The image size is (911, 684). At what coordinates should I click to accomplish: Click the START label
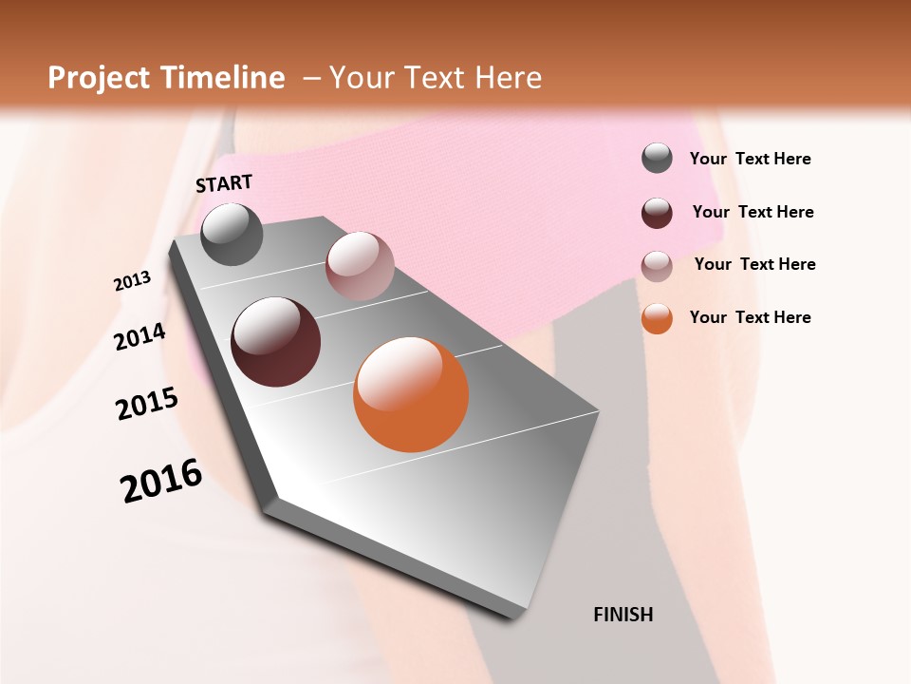click(x=224, y=183)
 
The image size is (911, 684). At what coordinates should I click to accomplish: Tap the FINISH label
click(x=623, y=615)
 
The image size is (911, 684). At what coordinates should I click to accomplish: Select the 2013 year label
click(x=133, y=281)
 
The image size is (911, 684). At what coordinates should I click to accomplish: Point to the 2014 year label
click(x=139, y=337)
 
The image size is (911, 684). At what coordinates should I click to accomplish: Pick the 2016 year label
click(x=161, y=481)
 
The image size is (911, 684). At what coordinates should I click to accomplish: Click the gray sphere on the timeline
click(x=232, y=235)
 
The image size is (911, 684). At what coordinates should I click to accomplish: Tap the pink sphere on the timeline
click(x=360, y=266)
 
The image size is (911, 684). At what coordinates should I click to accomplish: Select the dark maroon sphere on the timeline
click(x=276, y=342)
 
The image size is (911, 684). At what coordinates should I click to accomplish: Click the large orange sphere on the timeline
click(x=411, y=394)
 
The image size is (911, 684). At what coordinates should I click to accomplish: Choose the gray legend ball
click(x=657, y=159)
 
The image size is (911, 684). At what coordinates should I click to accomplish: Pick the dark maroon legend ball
click(x=657, y=213)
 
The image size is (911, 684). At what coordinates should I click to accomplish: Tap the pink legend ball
click(x=657, y=265)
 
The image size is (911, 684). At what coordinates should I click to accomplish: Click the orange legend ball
click(x=657, y=318)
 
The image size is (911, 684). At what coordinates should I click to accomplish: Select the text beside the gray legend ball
click(x=750, y=160)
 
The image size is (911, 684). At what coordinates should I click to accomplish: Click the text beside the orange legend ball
click(x=750, y=317)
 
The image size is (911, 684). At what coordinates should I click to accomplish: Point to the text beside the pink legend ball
click(x=754, y=264)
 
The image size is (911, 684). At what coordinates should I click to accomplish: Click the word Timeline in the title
click(x=226, y=78)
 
